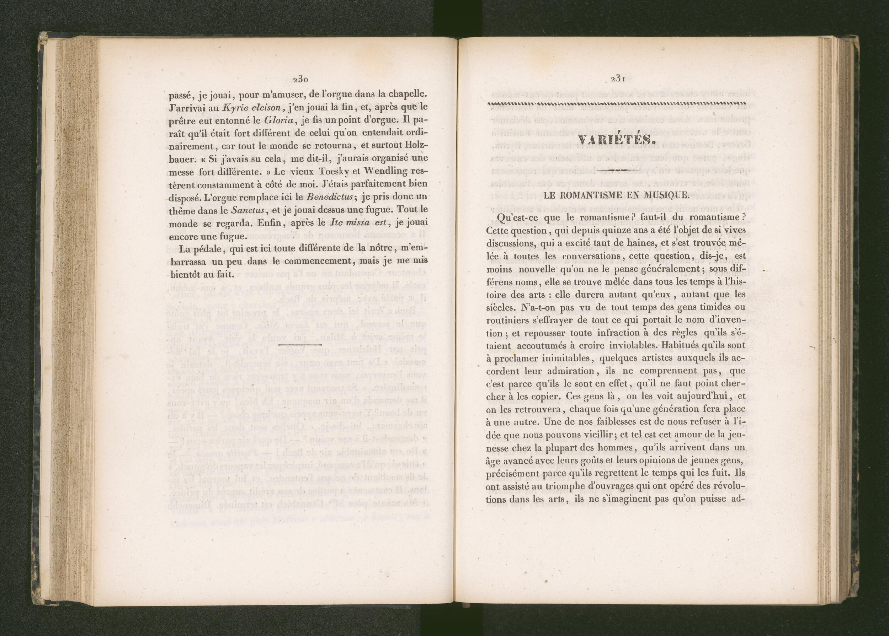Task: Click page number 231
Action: pos(617,79)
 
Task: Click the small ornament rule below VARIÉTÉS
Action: pos(617,169)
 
